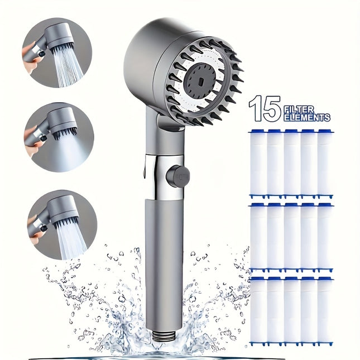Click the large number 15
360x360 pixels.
coord(265,108)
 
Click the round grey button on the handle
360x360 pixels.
coord(177,176)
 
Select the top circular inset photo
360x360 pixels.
coord(57,52)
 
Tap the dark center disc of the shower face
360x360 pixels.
coord(203,79)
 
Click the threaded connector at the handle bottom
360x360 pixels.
coord(164,337)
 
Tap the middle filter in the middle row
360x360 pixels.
coord(291,237)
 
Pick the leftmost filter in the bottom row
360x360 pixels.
coord(258,310)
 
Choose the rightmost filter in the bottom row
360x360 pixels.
coord(325,310)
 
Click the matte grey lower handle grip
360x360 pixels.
coord(164,257)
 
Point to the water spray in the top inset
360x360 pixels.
coord(68,68)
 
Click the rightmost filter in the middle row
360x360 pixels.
coord(325,237)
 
